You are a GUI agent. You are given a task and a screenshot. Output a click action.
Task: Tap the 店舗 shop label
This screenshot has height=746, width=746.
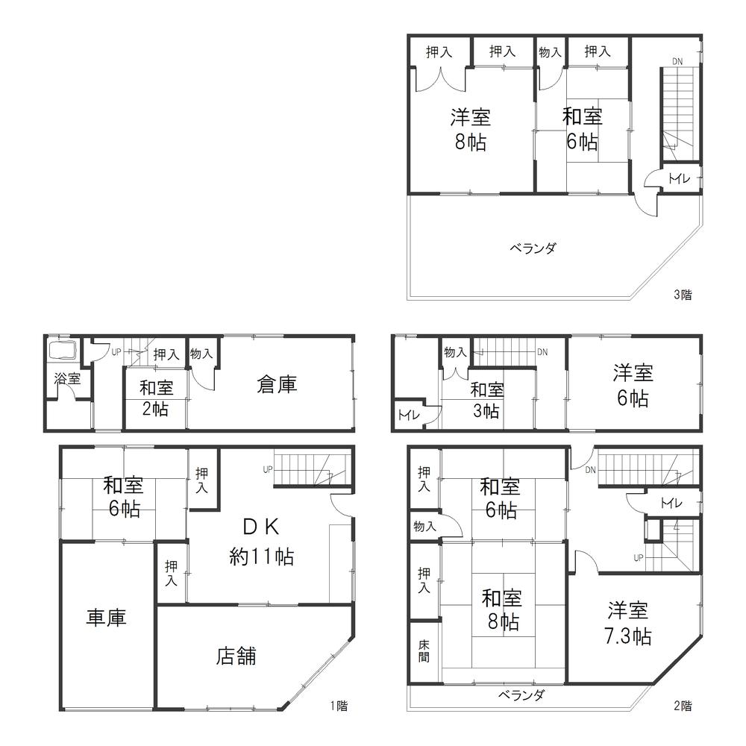pyautogui.click(x=236, y=656)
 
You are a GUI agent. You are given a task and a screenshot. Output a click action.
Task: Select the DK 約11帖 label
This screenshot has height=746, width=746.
pyautogui.click(x=261, y=542)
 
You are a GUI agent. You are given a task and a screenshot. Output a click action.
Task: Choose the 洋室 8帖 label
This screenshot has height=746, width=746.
pyautogui.click(x=470, y=129)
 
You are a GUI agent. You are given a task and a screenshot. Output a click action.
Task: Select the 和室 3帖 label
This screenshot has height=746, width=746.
pyautogui.click(x=486, y=400)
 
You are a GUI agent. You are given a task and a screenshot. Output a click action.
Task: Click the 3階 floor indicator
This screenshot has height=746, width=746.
pyautogui.click(x=683, y=295)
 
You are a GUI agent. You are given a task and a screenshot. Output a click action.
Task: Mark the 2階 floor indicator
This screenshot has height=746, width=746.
pyautogui.click(x=683, y=705)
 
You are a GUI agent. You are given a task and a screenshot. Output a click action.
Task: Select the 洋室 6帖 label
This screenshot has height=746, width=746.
pyautogui.click(x=631, y=384)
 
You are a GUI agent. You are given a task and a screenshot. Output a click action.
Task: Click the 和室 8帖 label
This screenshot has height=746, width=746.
pyautogui.click(x=501, y=609)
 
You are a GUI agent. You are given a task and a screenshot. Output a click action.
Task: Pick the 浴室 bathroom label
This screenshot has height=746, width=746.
pyautogui.click(x=67, y=378)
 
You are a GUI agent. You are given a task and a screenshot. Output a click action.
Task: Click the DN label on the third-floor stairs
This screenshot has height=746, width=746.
pyautogui.click(x=676, y=61)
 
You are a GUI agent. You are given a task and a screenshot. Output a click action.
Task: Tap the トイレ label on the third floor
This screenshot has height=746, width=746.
pyautogui.click(x=678, y=178)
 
